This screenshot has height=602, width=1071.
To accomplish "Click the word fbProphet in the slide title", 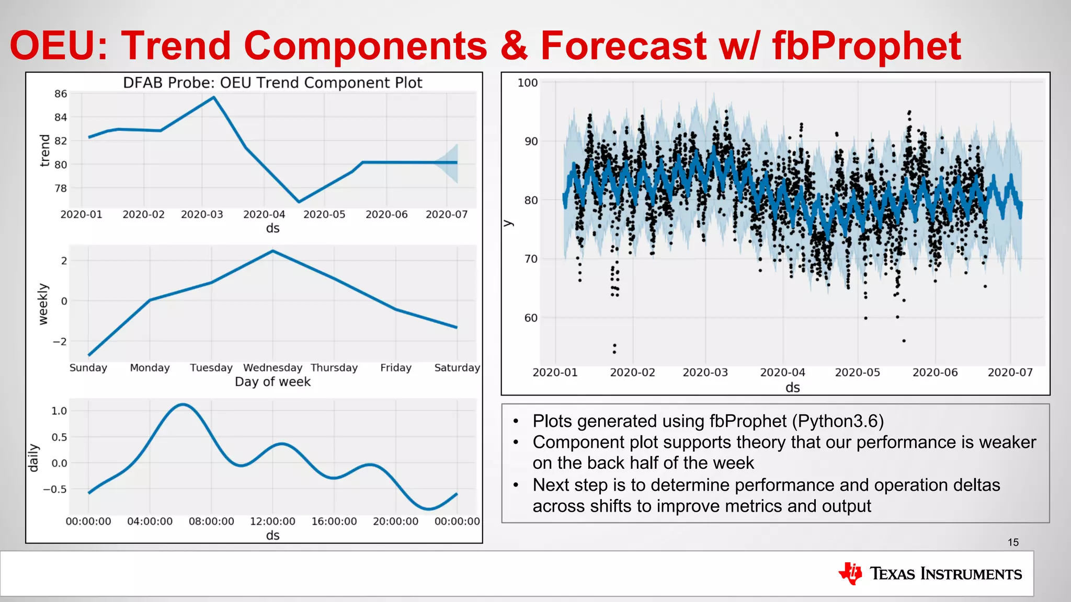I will pyautogui.click(x=866, y=46).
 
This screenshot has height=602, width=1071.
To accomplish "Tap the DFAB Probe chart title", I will pyautogui.click(x=272, y=83).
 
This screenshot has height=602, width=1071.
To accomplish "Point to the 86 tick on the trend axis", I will pyautogui.click(x=61, y=94).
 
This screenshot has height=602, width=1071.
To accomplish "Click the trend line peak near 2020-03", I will pyautogui.click(x=213, y=98).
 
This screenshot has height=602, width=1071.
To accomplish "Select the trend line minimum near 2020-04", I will pyautogui.click(x=299, y=202).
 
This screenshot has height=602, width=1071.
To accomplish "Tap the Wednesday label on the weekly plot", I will pyautogui.click(x=272, y=368).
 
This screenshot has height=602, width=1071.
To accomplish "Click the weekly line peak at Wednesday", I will pyautogui.click(x=272, y=251).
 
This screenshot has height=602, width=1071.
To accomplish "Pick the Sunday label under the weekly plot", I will pyautogui.click(x=88, y=368).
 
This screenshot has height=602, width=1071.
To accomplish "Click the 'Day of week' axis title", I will pyautogui.click(x=272, y=382).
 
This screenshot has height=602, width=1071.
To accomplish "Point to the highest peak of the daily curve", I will pyautogui.click(x=183, y=404).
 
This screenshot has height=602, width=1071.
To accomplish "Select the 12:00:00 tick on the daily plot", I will pyautogui.click(x=272, y=522).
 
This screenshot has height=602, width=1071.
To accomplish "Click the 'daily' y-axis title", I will pyautogui.click(x=33, y=458).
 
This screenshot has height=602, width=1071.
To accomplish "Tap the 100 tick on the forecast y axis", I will pyautogui.click(x=527, y=83).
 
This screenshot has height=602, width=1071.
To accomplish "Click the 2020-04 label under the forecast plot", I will pyautogui.click(x=782, y=373).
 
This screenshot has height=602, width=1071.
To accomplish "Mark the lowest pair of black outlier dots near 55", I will pyautogui.click(x=614, y=349).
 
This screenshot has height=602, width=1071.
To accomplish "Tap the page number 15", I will pyautogui.click(x=1013, y=542).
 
